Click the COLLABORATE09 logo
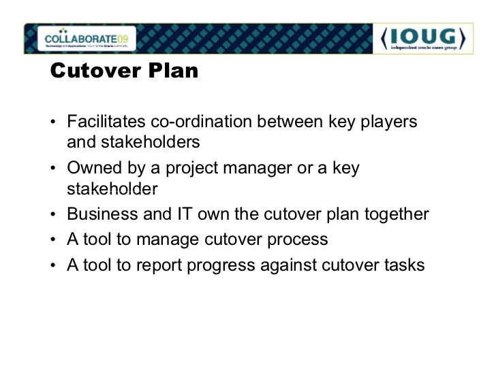coord(86,37)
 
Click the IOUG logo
coord(423,38)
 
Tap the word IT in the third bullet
coord(184,215)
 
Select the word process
coord(297,240)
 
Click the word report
coord(160,265)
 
